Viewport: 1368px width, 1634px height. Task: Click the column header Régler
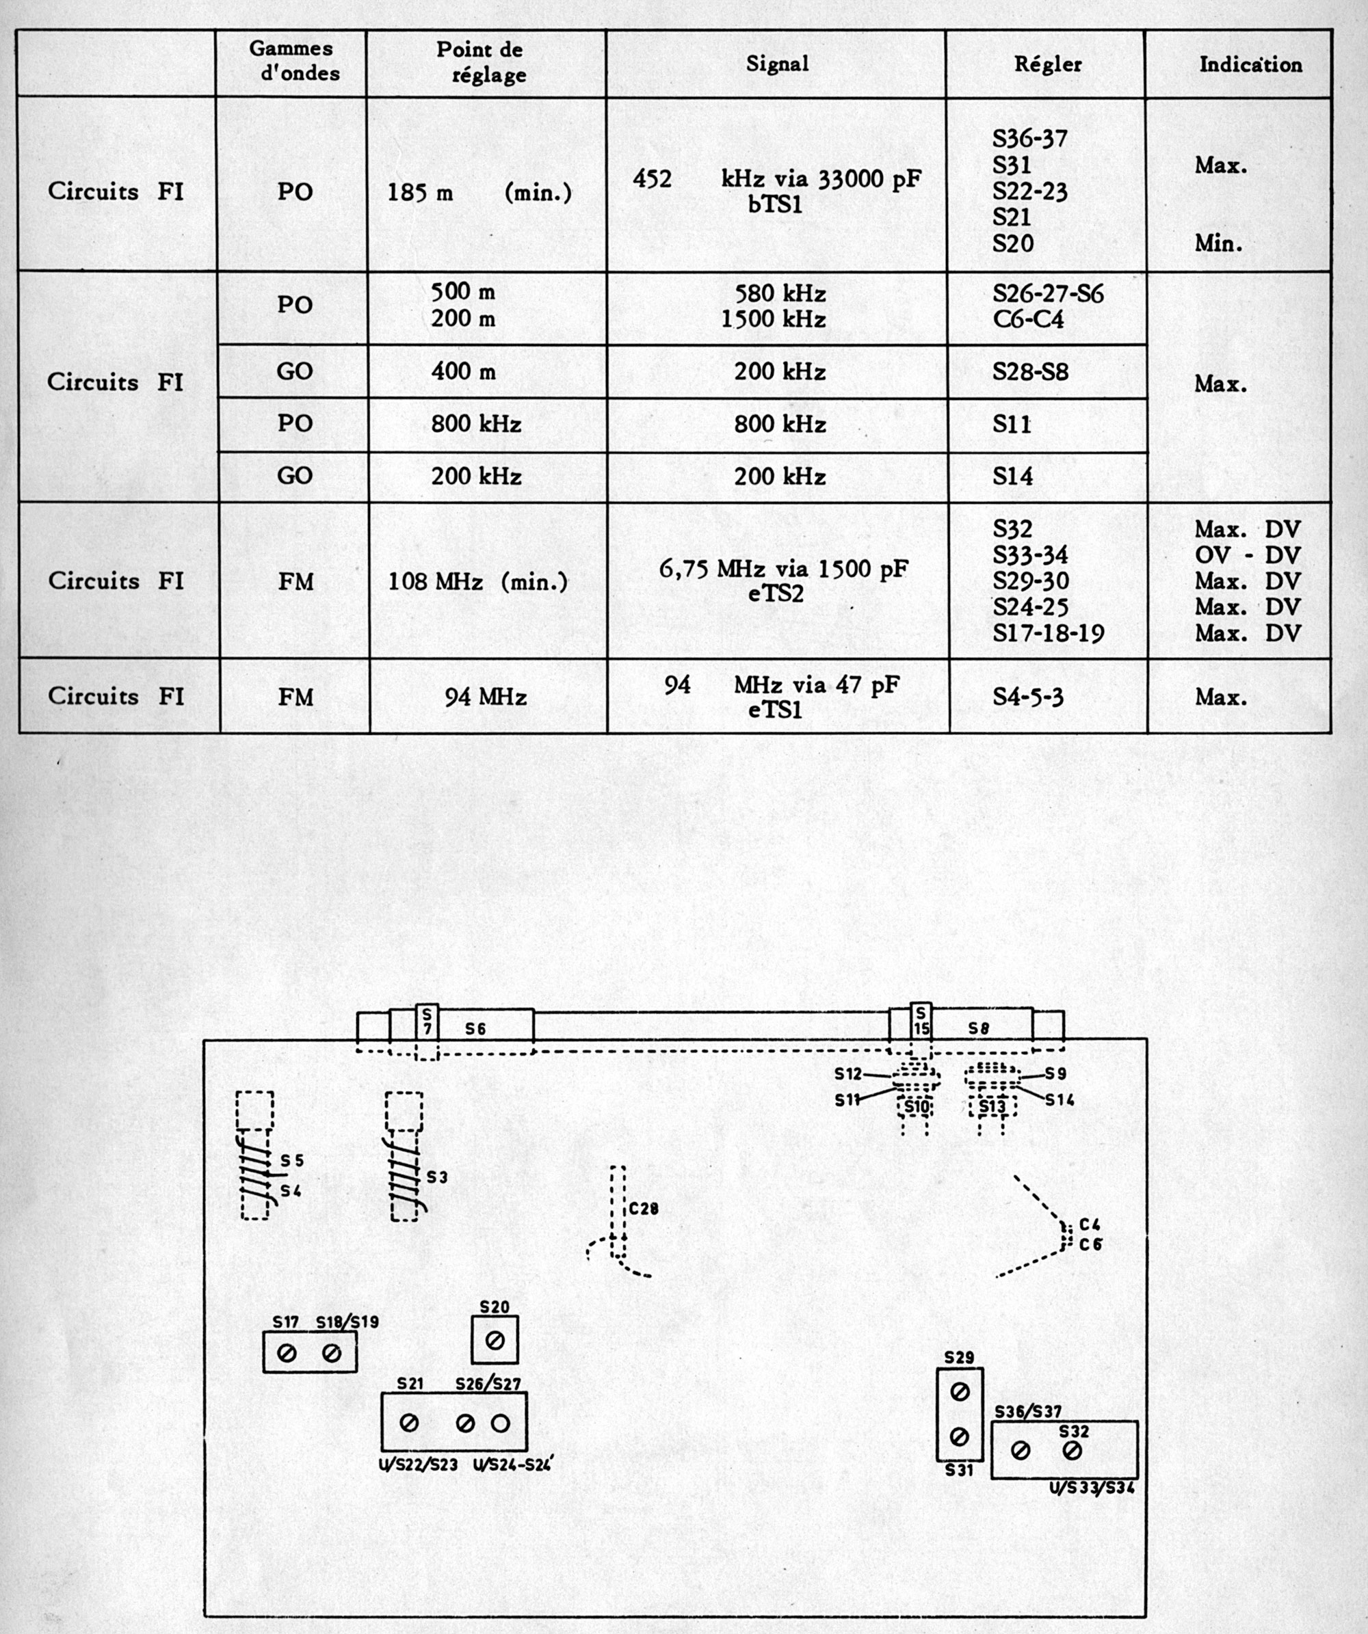tap(1047, 64)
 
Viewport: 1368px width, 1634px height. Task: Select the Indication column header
tap(1250, 64)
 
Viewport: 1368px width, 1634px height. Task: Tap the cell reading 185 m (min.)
tap(479, 192)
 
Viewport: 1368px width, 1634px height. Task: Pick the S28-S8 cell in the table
tap(1030, 372)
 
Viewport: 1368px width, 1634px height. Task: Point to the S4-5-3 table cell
tap(1028, 697)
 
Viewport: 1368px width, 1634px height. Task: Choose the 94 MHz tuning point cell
tap(486, 697)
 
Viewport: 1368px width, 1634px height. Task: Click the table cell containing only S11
tap(1012, 424)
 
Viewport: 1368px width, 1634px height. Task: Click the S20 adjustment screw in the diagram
tap(495, 1341)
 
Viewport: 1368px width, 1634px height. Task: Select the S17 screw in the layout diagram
tap(287, 1354)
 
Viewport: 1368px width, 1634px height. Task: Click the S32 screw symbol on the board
tap(1072, 1450)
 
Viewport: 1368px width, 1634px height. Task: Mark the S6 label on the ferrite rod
tap(476, 1029)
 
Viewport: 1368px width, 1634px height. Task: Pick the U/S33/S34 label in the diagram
tap(1092, 1488)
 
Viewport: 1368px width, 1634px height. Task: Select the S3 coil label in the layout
tap(437, 1177)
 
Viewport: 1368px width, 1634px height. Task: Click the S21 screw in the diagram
tap(409, 1423)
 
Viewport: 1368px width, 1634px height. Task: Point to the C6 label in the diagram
tap(1091, 1245)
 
